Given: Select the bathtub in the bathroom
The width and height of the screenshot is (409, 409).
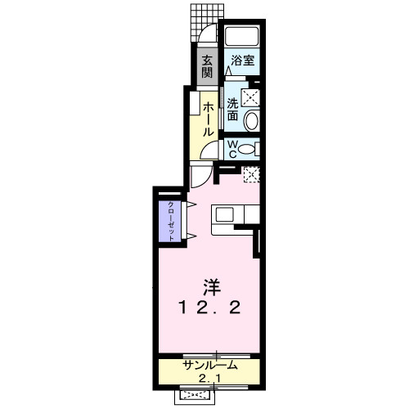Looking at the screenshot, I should tap(240, 37).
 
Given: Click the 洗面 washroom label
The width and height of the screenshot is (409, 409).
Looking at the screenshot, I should tap(233, 110).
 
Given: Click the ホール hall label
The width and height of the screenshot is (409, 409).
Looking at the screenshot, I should tap(209, 118).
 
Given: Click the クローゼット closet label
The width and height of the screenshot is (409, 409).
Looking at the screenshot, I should tap(172, 219).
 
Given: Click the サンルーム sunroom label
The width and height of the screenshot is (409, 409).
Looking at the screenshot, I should tap(210, 365).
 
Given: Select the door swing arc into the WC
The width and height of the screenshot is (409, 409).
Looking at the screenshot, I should tap(210, 151).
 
